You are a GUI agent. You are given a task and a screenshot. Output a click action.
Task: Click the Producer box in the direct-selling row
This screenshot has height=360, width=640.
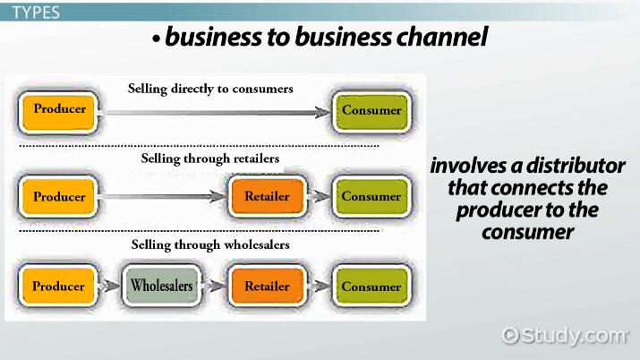(59, 109)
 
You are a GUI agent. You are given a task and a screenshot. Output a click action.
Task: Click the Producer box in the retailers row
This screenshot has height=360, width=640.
(59, 196)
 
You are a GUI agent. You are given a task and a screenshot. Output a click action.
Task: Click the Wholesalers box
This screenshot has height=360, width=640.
(161, 287)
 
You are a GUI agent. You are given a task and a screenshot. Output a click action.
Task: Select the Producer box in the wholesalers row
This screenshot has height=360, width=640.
(59, 287)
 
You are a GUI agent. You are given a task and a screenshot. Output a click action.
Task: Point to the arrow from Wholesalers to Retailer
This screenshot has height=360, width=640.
(214, 287)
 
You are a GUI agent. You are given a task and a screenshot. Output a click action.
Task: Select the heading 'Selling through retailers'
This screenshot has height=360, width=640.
(210, 159)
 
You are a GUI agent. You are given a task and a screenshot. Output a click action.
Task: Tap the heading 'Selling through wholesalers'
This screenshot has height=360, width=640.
(210, 244)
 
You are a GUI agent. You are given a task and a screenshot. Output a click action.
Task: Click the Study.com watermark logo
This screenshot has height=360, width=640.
(565, 336)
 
